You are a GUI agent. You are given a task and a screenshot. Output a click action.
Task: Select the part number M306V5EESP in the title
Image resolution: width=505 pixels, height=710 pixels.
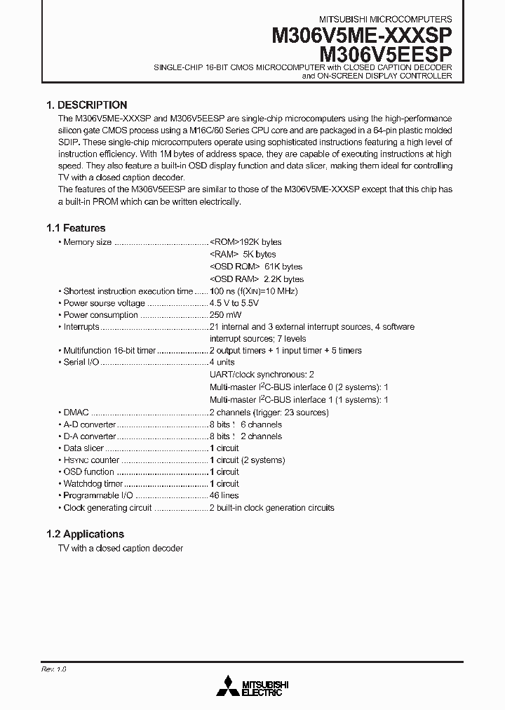(x=386, y=53)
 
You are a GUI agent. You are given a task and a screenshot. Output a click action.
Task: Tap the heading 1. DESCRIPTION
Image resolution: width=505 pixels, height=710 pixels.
(x=86, y=105)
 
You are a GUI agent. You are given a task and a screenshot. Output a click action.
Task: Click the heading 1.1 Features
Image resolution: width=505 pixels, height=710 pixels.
(x=76, y=228)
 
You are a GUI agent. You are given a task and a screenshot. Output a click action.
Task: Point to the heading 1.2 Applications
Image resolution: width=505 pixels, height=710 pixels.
(x=85, y=534)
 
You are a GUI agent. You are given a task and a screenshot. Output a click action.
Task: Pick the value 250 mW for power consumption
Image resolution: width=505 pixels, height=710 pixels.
(x=224, y=315)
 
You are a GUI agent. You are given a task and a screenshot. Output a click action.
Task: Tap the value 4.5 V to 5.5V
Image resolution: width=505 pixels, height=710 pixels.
(x=234, y=303)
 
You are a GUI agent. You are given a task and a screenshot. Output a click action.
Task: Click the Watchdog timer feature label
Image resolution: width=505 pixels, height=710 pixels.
(x=93, y=483)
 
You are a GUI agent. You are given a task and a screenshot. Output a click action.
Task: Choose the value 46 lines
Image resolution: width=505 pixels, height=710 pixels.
(x=224, y=495)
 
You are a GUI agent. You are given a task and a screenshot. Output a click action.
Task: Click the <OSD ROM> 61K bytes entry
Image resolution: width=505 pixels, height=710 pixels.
(x=256, y=267)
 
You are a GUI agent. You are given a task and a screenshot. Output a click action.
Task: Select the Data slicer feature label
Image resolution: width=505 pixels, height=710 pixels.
(x=83, y=448)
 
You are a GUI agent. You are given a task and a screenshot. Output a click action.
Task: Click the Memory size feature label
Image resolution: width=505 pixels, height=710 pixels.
(x=87, y=242)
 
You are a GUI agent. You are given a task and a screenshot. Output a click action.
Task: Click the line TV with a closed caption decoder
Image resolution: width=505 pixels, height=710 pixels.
(x=120, y=548)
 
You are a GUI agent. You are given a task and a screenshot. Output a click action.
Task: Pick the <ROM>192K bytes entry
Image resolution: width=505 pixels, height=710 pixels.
(x=245, y=242)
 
